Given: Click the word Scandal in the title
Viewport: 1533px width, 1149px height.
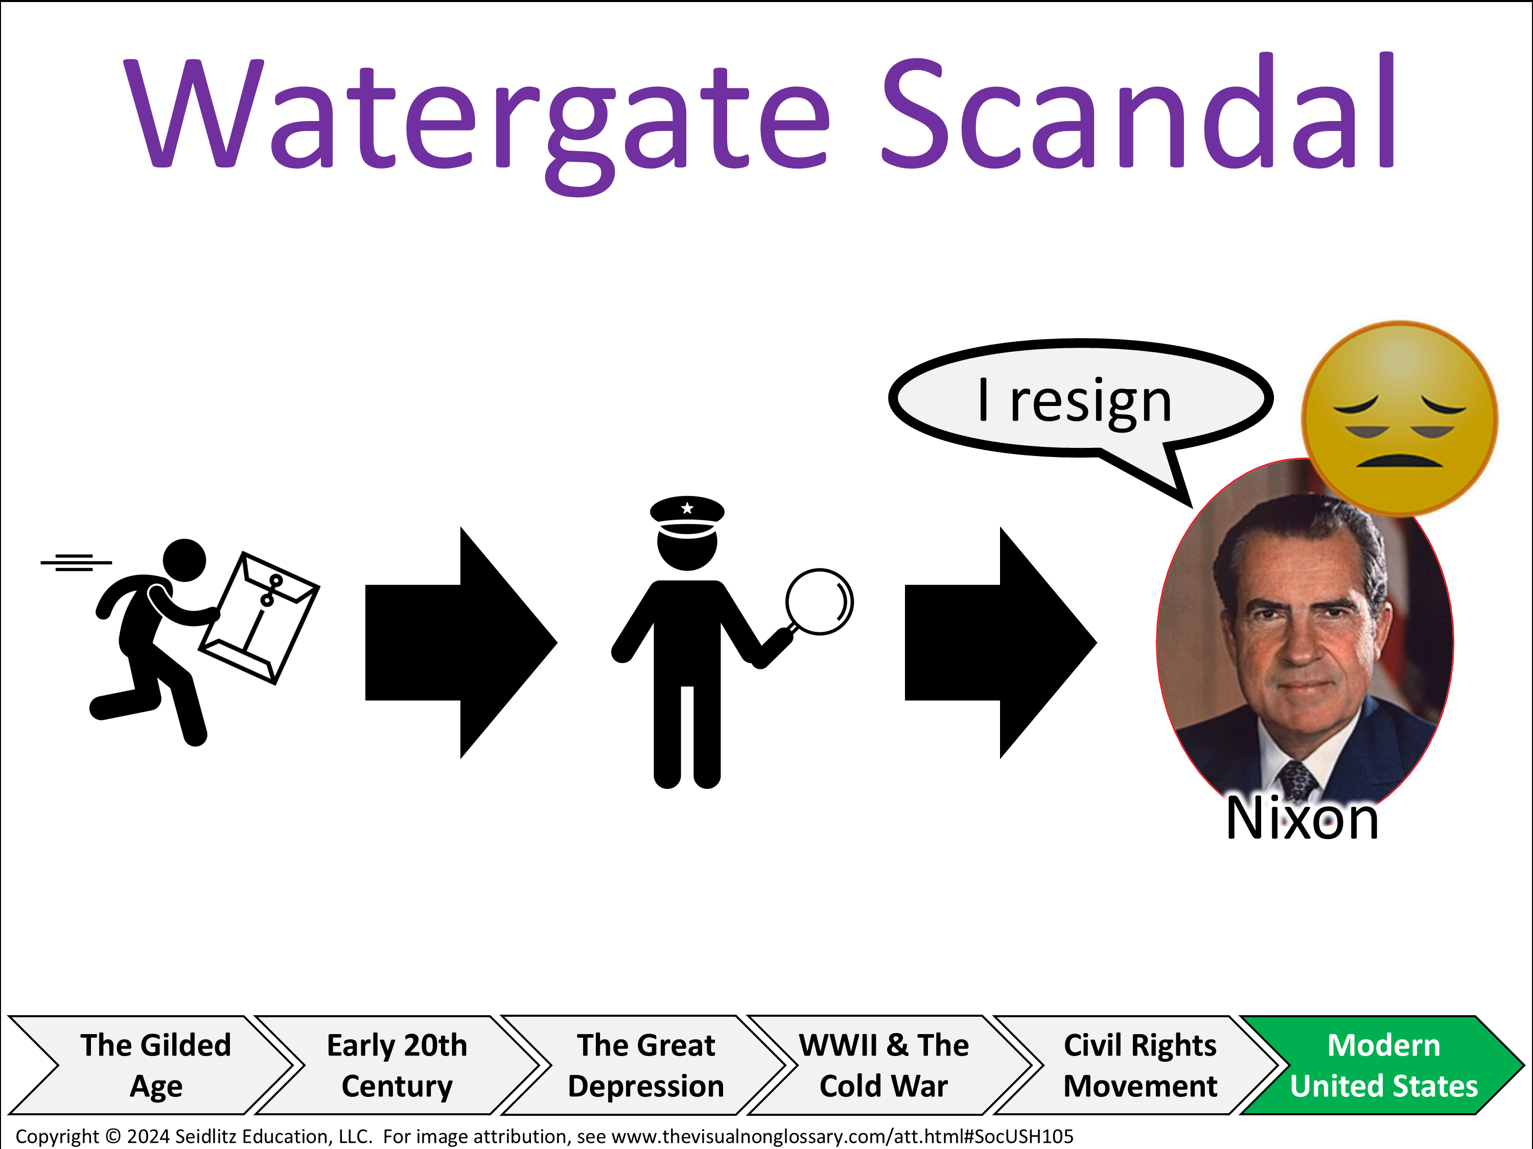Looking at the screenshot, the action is click(1139, 111).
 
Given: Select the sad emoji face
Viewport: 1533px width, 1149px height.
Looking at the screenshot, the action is click(1400, 419).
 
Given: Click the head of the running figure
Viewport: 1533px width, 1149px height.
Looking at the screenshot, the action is click(184, 560).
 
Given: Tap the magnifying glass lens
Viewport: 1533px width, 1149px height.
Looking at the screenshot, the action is click(819, 601).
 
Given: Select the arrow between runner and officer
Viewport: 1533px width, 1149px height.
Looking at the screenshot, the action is click(461, 643).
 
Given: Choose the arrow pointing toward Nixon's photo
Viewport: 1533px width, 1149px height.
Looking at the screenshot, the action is click(1001, 643).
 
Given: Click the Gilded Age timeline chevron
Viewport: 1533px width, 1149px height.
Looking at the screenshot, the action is click(151, 1065).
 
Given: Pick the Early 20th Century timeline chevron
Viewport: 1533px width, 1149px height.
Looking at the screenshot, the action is click(398, 1065).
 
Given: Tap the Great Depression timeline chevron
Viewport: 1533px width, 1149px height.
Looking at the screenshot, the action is click(644, 1065).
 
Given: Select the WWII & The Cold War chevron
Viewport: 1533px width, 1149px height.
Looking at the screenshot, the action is click(891, 1065).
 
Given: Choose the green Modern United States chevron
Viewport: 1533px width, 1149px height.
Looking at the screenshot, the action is click(1383, 1065).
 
